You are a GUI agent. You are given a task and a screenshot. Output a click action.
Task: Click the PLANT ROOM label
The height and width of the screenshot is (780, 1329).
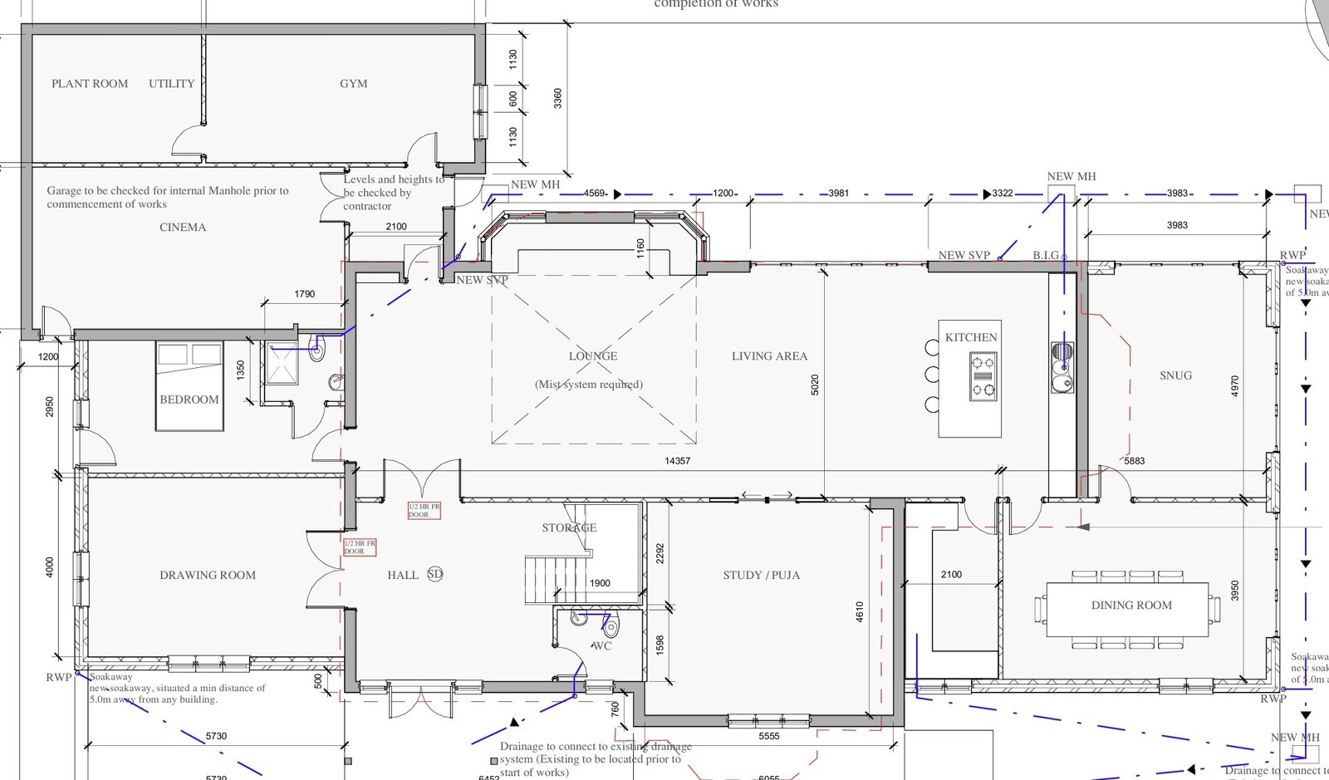point(90,84)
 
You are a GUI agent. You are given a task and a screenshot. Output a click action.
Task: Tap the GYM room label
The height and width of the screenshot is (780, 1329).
point(353,84)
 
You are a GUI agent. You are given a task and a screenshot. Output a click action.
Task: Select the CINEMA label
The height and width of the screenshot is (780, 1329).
point(183,228)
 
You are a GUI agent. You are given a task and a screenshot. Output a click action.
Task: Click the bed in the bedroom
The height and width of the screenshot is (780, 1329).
point(189,386)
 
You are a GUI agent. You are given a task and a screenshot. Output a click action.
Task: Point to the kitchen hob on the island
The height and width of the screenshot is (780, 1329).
point(983,376)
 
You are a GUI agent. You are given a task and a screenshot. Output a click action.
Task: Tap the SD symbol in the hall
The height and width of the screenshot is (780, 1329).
point(435,574)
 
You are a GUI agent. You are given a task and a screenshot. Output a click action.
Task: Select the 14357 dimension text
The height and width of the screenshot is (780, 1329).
point(677,461)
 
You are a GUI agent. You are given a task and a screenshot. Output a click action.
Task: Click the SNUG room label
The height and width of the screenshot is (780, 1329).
point(1175,376)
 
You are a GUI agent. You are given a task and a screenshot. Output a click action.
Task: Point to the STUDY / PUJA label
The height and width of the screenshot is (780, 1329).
point(761,575)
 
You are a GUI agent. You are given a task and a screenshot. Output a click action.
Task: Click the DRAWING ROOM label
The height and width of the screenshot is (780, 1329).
point(208,575)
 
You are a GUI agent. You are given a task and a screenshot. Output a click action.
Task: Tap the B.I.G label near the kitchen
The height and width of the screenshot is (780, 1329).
point(1046,256)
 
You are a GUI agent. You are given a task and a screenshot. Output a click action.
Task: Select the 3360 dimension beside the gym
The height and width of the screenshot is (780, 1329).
point(558,98)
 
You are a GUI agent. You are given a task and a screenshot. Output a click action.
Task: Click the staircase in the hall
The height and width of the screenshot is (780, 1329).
point(555,580)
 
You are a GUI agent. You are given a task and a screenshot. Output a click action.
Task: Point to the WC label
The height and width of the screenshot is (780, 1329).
point(602,646)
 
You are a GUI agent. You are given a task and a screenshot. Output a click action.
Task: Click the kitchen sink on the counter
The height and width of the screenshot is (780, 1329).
point(1062,368)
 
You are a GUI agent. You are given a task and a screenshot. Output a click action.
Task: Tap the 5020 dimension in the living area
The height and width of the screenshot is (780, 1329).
point(815,385)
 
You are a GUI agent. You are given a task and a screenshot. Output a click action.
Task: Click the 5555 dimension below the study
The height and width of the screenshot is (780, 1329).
point(769,737)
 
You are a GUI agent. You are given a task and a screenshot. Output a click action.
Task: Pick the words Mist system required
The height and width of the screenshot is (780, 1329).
point(589,385)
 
